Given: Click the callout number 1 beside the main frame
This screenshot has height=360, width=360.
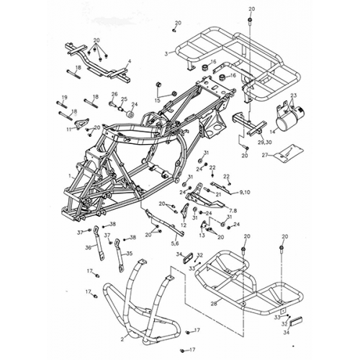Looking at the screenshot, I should click(x=68, y=174).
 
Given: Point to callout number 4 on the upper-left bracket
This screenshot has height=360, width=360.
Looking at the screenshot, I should click(x=129, y=61).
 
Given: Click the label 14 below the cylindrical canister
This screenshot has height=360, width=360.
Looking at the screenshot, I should click(x=272, y=132).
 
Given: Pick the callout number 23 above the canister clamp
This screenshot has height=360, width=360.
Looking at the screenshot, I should click(x=293, y=96).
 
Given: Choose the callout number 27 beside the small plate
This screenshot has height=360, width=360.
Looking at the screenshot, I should click(x=265, y=155).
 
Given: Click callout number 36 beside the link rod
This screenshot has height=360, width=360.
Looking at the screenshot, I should click(x=89, y=247).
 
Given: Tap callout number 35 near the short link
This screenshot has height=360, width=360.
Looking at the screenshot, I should click(x=129, y=253).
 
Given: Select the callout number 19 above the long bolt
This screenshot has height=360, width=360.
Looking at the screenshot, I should click(x=64, y=97).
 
